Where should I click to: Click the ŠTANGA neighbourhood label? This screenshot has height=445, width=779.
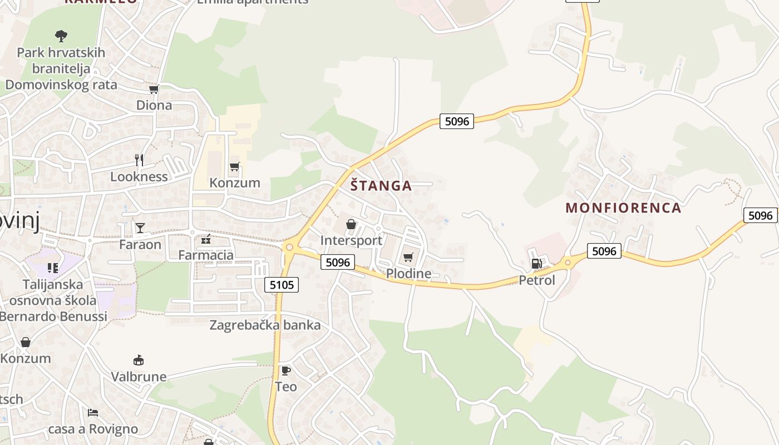point(381,186)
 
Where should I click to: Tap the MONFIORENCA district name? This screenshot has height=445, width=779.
point(623,208)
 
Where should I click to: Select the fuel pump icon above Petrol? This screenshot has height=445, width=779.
point(536,264)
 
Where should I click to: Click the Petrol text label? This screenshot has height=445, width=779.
point(537,280)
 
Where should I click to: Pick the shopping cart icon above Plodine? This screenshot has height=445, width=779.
point(408,257)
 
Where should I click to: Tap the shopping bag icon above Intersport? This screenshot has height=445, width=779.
point(351,224)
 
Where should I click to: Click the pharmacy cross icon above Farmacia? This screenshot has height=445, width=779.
point(206,239)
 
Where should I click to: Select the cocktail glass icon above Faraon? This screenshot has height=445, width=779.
point(140,228)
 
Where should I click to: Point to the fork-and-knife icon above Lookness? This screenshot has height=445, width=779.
point(139,160)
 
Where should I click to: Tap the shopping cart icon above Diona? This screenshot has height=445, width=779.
point(154,89)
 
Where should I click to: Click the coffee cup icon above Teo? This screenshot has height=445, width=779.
point(285,370)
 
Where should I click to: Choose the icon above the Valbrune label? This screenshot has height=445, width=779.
point(139,360)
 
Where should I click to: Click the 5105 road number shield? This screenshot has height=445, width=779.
point(282,285)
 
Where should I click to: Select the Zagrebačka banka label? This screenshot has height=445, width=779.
point(265,325)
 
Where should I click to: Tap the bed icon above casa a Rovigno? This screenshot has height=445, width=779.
point(93,413)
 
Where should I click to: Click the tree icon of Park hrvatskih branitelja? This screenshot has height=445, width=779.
point(61,36)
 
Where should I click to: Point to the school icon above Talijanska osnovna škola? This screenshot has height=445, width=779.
point(53,268)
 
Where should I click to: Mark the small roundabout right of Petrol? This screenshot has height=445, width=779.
point(568,263)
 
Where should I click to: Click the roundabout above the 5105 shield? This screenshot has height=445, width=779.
point(288,247)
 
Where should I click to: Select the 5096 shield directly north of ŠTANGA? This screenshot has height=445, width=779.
point(457,121)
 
